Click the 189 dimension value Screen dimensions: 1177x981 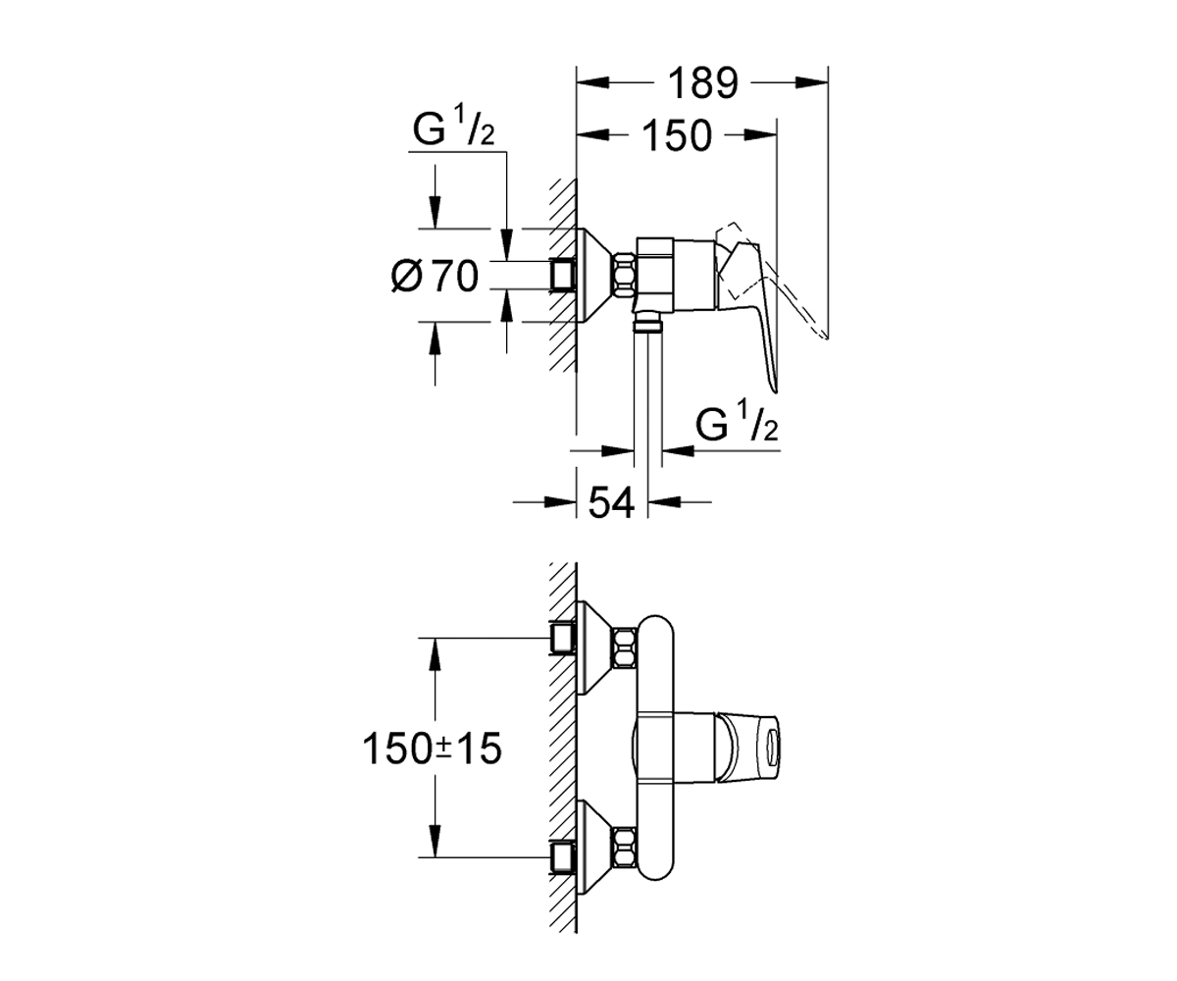(x=702, y=83)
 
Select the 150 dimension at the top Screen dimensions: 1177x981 (x=677, y=136)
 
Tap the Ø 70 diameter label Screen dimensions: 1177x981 (x=435, y=277)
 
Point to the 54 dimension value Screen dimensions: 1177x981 (x=612, y=502)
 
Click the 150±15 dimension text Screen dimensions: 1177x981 (x=432, y=749)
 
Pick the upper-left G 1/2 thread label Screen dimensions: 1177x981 (x=454, y=131)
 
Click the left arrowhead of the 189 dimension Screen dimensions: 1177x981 (x=593, y=82)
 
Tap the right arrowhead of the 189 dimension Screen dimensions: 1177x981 (x=811, y=82)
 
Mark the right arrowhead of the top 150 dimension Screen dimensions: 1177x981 (x=760, y=135)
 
